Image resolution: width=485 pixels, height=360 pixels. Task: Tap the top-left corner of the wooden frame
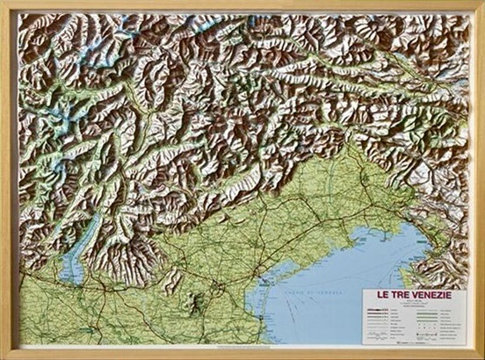(4, 4)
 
